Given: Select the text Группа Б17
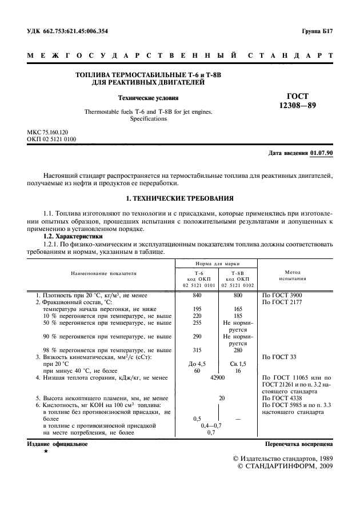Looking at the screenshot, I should pyautogui.click(x=317, y=31).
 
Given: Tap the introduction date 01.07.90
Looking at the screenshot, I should pyautogui.click(x=322, y=153).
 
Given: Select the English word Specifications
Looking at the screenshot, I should pyautogui.click(x=148, y=119).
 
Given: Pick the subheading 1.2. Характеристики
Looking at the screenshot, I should pyautogui.click(x=73, y=235).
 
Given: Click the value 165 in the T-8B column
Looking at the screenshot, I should pyautogui.click(x=238, y=309).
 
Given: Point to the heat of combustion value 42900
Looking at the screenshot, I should pyautogui.click(x=218, y=378).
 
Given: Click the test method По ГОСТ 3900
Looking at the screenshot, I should pyautogui.click(x=281, y=296).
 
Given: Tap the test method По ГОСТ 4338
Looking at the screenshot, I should pyautogui.click(x=281, y=399).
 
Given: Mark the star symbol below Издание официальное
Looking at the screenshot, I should pyautogui.click(x=46, y=452).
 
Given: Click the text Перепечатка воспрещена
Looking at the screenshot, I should pyautogui.click(x=299, y=444).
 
